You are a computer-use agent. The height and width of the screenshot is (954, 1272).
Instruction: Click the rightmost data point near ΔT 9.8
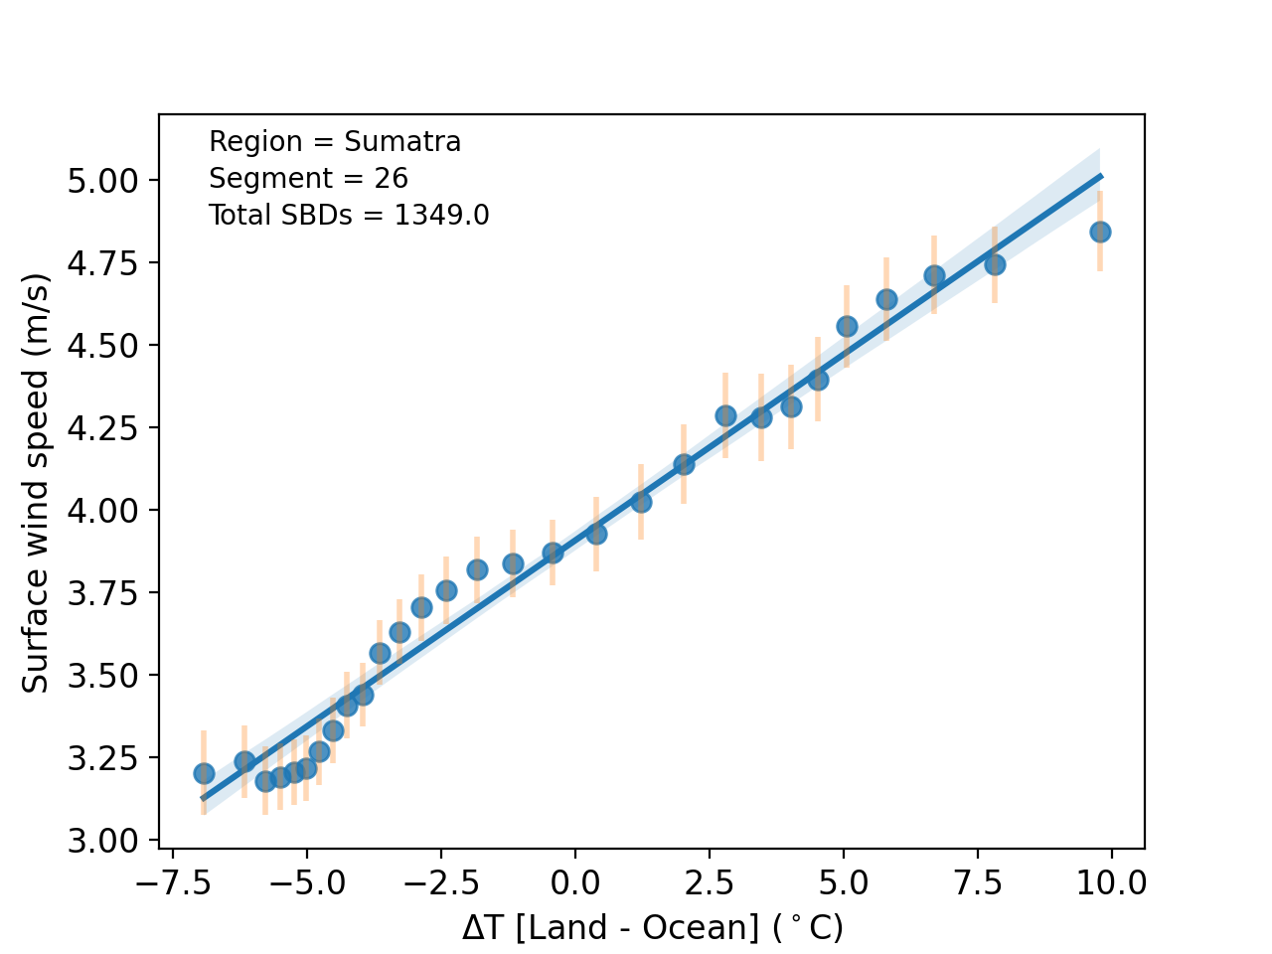point(1100,232)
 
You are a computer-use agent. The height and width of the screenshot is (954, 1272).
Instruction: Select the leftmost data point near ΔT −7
point(204,773)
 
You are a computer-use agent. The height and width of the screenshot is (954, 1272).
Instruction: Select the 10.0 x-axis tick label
point(1111,882)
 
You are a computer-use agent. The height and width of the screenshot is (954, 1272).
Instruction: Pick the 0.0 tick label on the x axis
point(574,882)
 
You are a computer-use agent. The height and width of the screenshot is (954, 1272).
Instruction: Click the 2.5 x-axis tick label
point(710,882)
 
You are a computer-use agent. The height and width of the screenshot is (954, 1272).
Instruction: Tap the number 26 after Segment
point(391,179)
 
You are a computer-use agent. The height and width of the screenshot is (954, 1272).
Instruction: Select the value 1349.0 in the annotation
point(441,216)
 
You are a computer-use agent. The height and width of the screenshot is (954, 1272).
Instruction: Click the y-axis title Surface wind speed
point(36,481)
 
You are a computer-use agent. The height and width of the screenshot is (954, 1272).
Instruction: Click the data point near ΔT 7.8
point(995,264)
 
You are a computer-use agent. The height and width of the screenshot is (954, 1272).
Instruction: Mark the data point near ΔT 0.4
point(596,534)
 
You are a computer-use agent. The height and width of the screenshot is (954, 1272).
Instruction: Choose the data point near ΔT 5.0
point(847,326)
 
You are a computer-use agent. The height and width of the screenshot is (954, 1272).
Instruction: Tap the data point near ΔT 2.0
point(684,464)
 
